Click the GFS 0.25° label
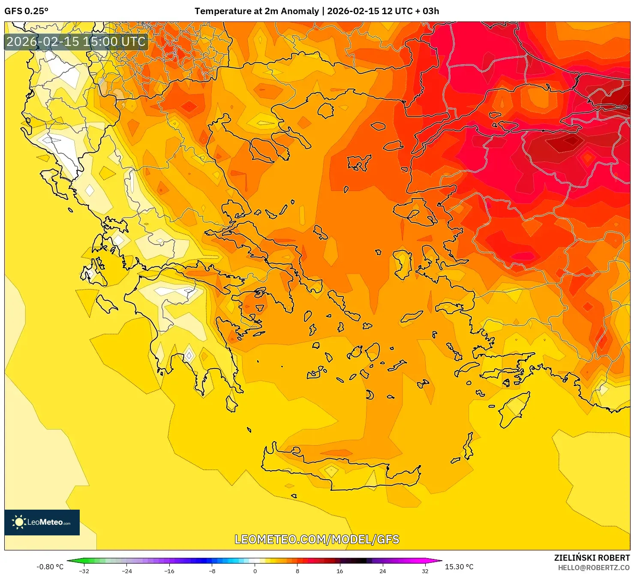pos(26,11)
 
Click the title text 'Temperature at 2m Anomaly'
pos(256,11)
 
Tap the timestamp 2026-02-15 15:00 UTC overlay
pos(76,42)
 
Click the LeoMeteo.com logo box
pos(42,522)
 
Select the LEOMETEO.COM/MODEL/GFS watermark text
pos(317,539)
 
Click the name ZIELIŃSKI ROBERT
pos(592,558)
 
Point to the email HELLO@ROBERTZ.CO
pos(593,568)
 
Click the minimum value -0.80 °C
pos(50,567)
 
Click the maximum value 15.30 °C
pos(459,567)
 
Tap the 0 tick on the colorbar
pos(255,571)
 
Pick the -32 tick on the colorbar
pos(84,571)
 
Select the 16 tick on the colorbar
pos(340,571)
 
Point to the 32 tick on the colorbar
pos(425,571)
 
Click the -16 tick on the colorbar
pos(169,571)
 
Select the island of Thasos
pos(326,110)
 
